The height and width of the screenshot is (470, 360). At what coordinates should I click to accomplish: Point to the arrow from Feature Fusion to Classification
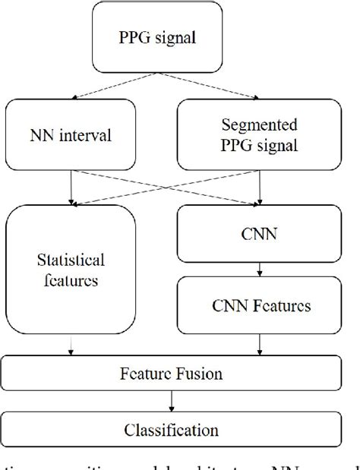click(173, 400)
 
